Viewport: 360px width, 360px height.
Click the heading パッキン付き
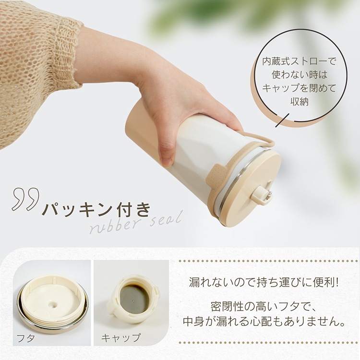click(96, 209)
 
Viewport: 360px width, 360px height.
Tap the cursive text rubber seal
click(136, 222)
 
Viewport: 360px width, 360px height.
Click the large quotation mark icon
click(25, 199)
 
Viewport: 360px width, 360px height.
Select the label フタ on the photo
click(26, 338)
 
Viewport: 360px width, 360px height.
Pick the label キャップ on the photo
click(121, 338)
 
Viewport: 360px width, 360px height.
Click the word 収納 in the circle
click(299, 101)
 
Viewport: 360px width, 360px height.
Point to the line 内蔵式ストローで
click(299, 61)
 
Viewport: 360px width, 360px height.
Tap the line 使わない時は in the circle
click(299, 74)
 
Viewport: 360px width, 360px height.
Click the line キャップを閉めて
click(299, 88)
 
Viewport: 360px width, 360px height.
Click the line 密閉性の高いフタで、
click(264, 307)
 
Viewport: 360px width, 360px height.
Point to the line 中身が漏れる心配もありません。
click(264, 322)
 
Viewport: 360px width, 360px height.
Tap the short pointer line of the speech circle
click(282, 120)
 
